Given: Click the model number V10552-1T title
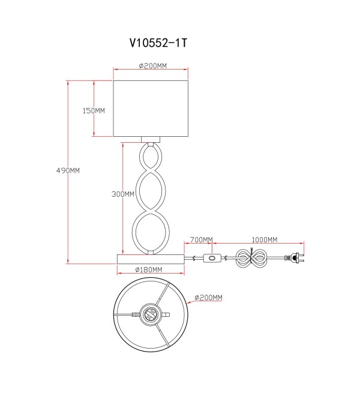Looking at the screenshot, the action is [158, 43].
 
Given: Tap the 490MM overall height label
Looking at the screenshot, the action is [68, 171].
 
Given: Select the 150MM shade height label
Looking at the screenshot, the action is [94, 110].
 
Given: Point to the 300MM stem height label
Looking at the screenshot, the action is [123, 194].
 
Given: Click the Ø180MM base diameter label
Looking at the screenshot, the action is [149, 270].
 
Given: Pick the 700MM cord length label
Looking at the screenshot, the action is [202, 239].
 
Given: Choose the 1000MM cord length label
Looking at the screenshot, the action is [265, 239].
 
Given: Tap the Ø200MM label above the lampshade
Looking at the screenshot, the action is [153, 65].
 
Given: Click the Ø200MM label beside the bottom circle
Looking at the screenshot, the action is [208, 298].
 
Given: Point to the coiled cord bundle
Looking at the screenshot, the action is [251, 258].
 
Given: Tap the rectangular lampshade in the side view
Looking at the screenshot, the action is [151, 109].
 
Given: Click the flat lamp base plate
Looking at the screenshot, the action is [151, 259].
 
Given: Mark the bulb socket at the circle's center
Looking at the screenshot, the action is [151, 314].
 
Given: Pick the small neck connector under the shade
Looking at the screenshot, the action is [151, 140].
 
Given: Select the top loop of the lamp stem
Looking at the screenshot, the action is [151, 157].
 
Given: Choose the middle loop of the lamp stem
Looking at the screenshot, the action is [151, 191].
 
